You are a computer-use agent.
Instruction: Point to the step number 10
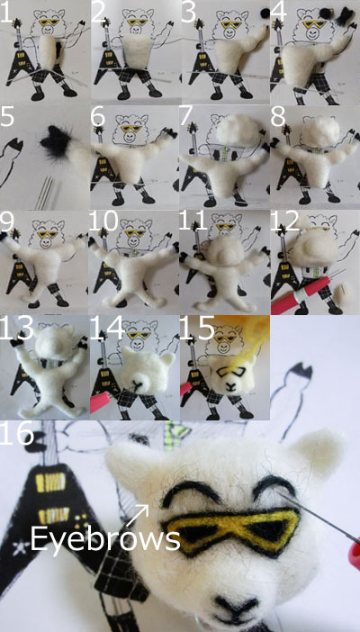pyautogui.click(x=103, y=221)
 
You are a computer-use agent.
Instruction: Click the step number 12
pyautogui.click(x=284, y=221)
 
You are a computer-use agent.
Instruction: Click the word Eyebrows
pyautogui.click(x=104, y=539)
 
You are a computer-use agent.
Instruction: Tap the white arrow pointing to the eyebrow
pyautogui.click(x=138, y=516)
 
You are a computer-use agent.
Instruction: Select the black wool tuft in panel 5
pyautogui.click(x=57, y=141)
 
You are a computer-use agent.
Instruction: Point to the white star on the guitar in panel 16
pyautogui.click(x=17, y=549)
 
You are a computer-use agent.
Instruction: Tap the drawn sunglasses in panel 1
pyautogui.click(x=48, y=23)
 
